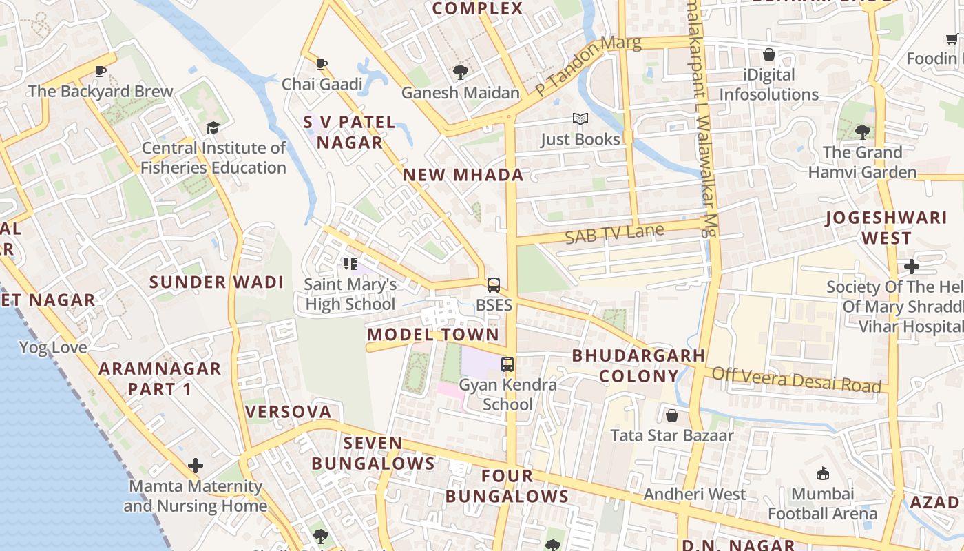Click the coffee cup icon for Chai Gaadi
tap(321, 65)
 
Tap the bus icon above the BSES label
tap(494, 284)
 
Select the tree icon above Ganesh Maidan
tap(460, 72)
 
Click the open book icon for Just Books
tap(580, 119)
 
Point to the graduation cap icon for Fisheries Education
tap(213, 128)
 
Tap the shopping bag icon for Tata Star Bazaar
tap(672, 415)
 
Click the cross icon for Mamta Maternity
tap(196, 466)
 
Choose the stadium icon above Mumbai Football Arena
tap(822, 473)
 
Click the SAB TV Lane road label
tap(614, 233)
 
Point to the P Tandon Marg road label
tap(588, 65)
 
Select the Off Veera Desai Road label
tap(796, 380)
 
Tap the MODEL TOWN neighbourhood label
tap(433, 335)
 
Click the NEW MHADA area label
tap(463, 175)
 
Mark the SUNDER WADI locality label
tap(216, 282)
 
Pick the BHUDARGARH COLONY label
tap(639, 366)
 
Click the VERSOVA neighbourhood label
tap(289, 412)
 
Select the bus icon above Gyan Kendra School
tap(507, 364)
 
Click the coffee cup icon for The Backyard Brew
tap(101, 71)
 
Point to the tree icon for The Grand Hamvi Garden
tap(861, 132)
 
